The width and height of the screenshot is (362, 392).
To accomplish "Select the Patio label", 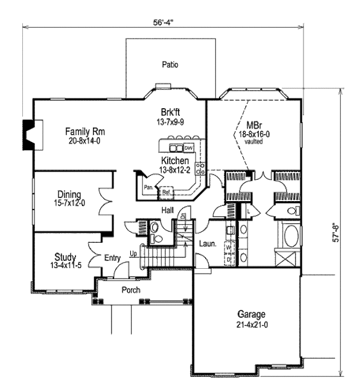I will coord(170,65).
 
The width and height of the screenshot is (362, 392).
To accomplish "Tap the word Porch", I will coord(130,290).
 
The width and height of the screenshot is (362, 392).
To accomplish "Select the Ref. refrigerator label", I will coord(166,192).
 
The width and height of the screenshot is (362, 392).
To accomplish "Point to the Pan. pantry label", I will coord(148,187).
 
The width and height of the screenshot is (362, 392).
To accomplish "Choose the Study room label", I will coord(65,257).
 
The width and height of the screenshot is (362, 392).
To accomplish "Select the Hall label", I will coord(168,210).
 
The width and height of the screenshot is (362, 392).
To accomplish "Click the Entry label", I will coord(113,258).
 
